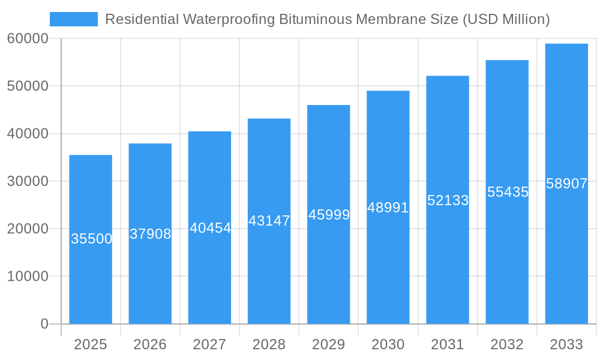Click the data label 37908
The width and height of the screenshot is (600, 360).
coord(151,234)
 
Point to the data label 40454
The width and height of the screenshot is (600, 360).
coord(210,228)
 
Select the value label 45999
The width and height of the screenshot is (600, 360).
coord(329,215)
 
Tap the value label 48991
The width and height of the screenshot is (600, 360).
coord(388,208)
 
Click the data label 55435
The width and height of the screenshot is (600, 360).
coord(508,192)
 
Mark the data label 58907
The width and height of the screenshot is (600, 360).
coord(566,184)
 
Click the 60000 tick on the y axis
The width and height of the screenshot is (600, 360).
coord(28,38)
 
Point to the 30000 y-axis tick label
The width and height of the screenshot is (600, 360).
coord(28,181)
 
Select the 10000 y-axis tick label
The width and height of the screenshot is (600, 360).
coord(28,276)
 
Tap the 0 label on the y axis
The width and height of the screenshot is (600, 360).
coord(44,324)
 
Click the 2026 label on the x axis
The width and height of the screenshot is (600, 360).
coord(150,344)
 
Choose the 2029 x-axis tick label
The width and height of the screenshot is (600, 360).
coord(329,344)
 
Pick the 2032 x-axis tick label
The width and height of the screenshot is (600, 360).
coord(507,344)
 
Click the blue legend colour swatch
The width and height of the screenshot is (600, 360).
coord(74,19)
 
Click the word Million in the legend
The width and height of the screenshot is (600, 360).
coord(523,19)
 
